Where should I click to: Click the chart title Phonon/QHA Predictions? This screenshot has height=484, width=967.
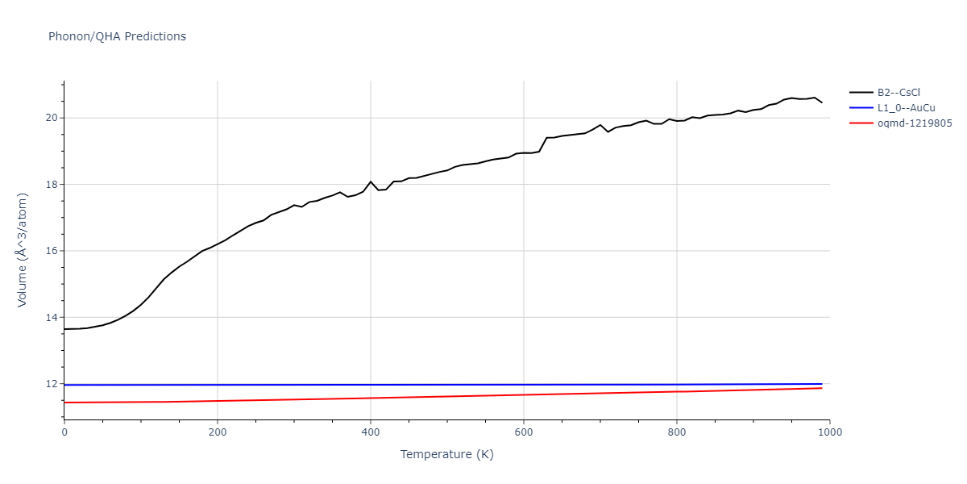(117, 36)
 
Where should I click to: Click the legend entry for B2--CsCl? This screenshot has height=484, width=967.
(899, 92)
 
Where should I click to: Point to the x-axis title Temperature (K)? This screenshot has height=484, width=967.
(446, 454)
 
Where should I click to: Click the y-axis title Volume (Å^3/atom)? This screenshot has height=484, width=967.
(23, 249)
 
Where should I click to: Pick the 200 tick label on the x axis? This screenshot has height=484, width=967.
(218, 432)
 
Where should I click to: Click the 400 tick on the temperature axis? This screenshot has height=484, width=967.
(371, 432)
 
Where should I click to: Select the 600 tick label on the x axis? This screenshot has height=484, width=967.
(524, 432)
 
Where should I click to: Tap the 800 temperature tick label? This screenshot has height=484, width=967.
(677, 432)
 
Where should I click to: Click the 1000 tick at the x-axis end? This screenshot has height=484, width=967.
(830, 432)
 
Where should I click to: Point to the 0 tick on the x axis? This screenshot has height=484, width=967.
(64, 432)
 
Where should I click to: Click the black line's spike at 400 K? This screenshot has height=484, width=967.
(371, 181)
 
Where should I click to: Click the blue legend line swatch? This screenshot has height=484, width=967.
(861, 107)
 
